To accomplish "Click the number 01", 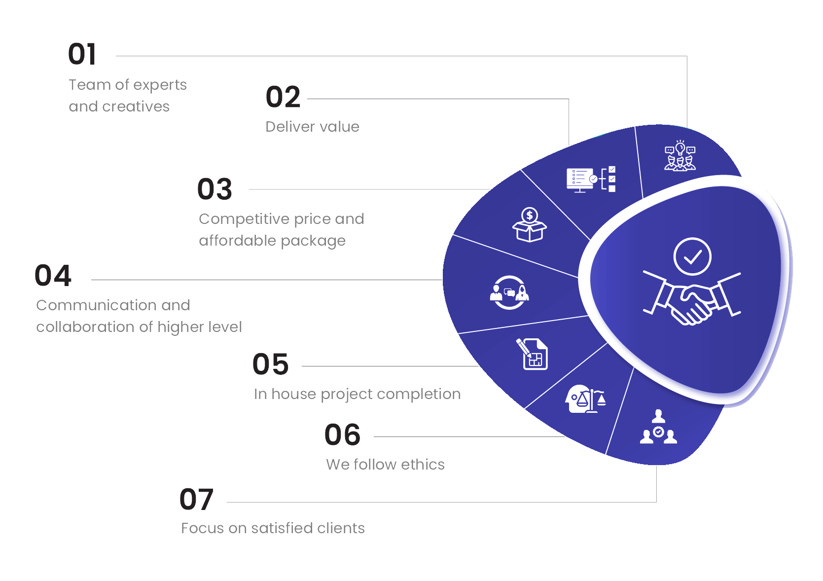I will coord(82,54).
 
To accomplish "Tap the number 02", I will coord(283,97).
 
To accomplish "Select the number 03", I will coord(215,189).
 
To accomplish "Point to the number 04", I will coord(53,276).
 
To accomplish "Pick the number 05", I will coord(270,364).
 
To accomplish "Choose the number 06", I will coord(342,435).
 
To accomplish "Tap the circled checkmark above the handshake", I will coord(692,256).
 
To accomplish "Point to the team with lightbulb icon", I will coord(680,155).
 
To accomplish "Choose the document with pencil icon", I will coord(532,354).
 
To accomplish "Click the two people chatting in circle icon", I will coord(509,292).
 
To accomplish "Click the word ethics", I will coord(423,465).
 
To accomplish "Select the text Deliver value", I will coord(312,127).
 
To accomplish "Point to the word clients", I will coord(341,528).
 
